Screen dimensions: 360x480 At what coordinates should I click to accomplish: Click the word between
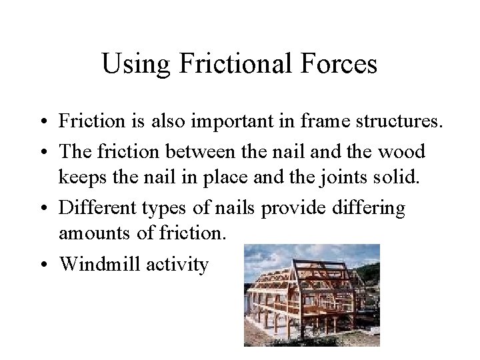(x=202, y=151)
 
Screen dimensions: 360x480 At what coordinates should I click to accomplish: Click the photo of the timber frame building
(x=311, y=295)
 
